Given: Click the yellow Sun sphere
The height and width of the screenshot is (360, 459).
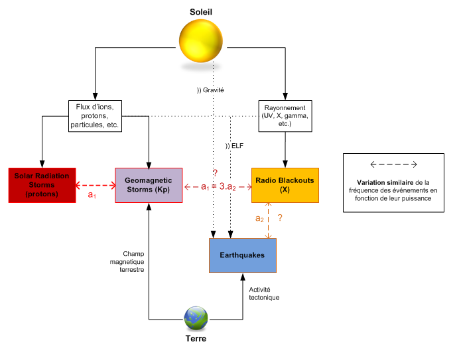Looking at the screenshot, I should tap(201, 42).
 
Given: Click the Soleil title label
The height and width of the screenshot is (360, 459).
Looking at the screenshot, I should tap(202, 11).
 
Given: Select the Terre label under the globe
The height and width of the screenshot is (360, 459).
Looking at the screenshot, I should tap(196, 339).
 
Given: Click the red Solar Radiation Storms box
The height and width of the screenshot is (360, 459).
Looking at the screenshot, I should tap(42, 186).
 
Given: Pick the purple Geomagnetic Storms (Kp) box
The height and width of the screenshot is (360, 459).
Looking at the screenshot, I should tap(148, 186).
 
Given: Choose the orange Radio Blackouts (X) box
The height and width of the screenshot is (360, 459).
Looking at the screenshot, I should tap(285, 186).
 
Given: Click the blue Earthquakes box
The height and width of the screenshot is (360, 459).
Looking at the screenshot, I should tap(242, 255).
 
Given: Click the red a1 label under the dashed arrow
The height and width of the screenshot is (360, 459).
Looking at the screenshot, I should tap(92, 197).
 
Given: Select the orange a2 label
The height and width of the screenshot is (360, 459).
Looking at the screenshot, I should tap(260, 218).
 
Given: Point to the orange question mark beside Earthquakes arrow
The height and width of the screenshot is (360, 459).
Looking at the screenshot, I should tap(281, 217).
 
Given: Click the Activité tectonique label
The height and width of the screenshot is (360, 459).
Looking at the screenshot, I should tap(264, 294).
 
